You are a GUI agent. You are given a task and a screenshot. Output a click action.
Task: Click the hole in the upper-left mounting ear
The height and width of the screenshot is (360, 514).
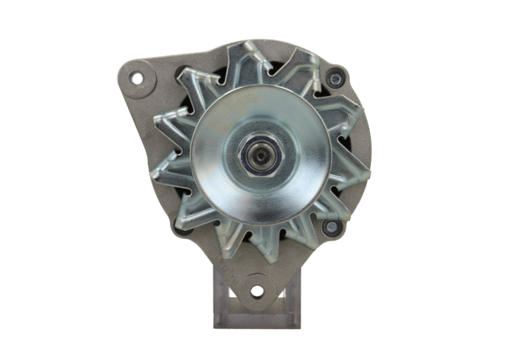(137, 78)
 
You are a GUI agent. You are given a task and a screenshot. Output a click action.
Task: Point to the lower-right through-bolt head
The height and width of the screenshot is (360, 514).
(331, 227)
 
